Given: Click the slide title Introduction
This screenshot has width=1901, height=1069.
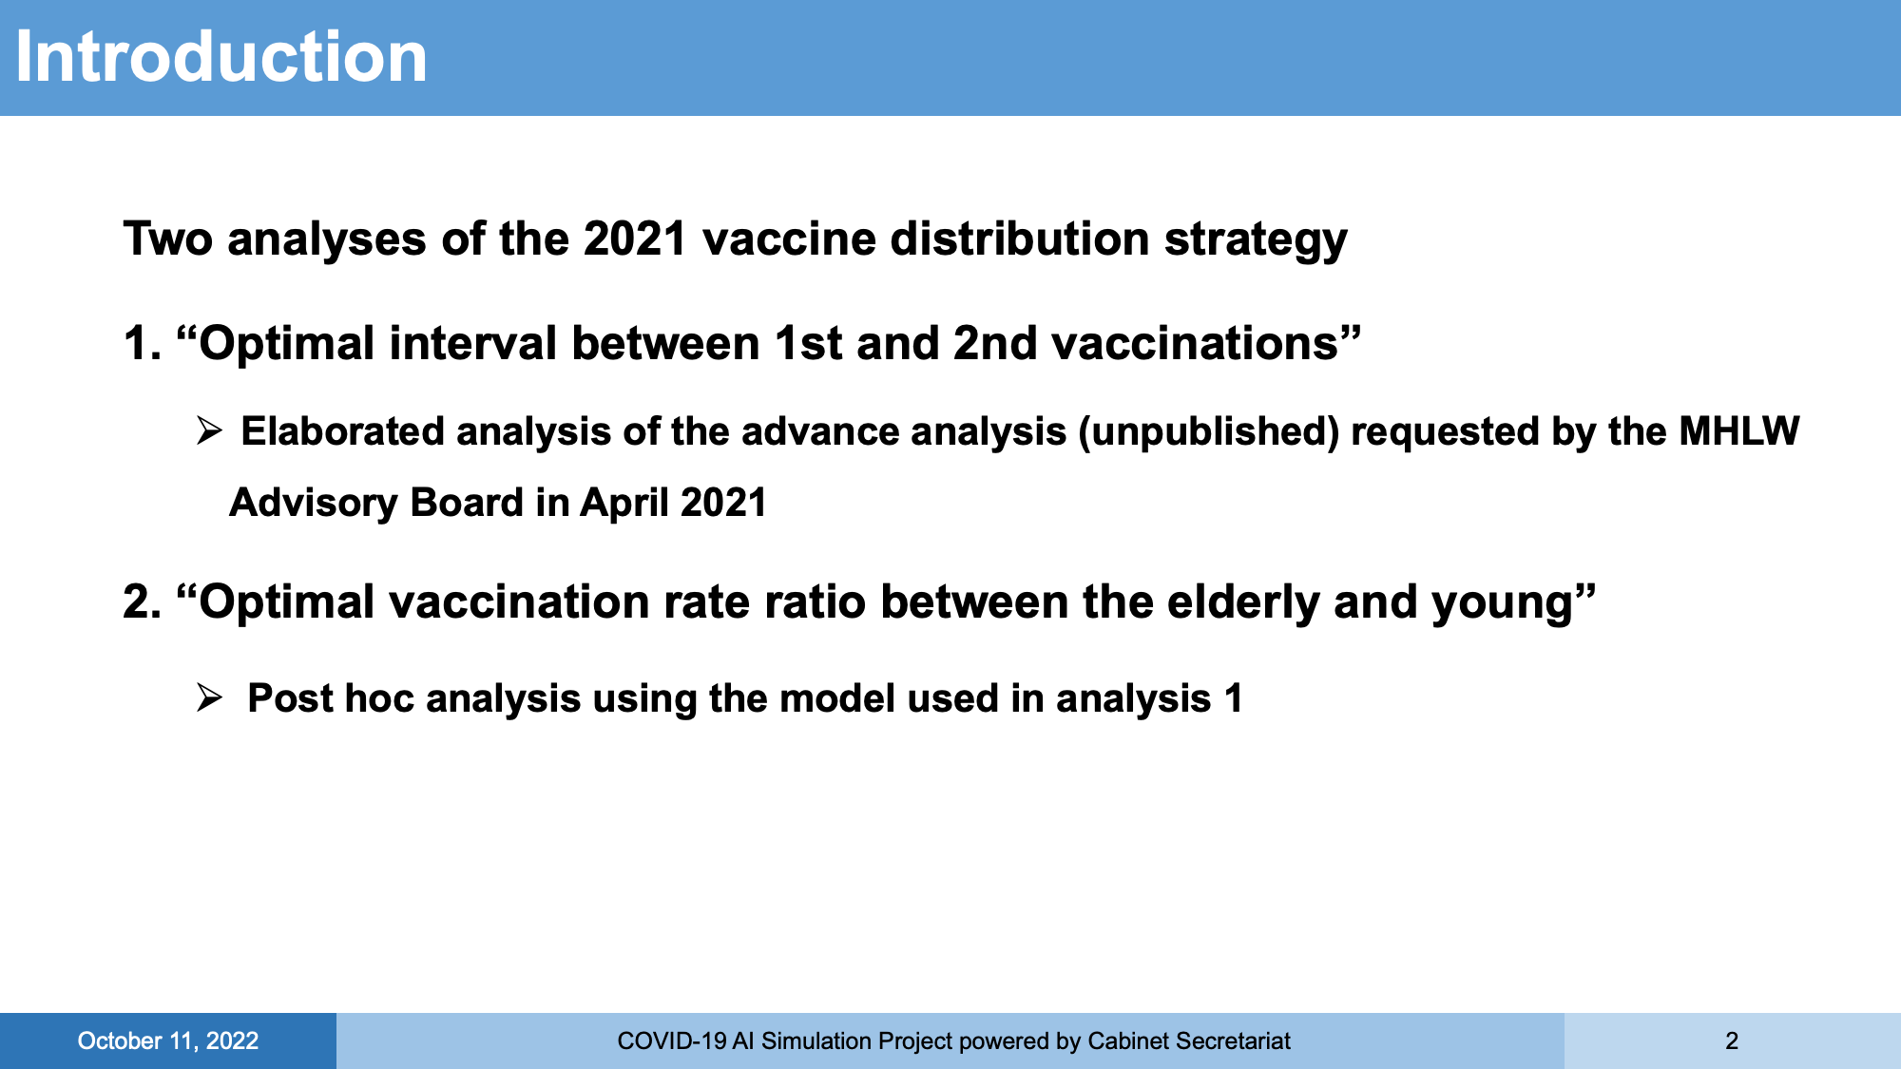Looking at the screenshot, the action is [x=221, y=57].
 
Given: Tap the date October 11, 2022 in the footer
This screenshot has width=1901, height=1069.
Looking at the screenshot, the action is [x=168, y=1041].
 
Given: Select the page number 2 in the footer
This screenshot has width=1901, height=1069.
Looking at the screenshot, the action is [x=1732, y=1041].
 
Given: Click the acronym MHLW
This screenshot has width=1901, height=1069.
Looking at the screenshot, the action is [x=1738, y=431].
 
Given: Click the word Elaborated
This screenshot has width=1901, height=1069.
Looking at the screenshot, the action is [x=343, y=431].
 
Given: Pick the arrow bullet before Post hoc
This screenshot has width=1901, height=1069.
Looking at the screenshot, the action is [x=209, y=698].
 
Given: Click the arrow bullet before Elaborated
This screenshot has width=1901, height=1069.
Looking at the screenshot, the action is [x=209, y=431].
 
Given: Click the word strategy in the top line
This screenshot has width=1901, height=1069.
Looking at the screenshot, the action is [x=1256, y=239].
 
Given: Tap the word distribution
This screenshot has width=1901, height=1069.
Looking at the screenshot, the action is [x=1020, y=238].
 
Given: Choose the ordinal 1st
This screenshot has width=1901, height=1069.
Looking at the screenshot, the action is [x=808, y=343].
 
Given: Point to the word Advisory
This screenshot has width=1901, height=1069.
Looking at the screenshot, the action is [x=313, y=504].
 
